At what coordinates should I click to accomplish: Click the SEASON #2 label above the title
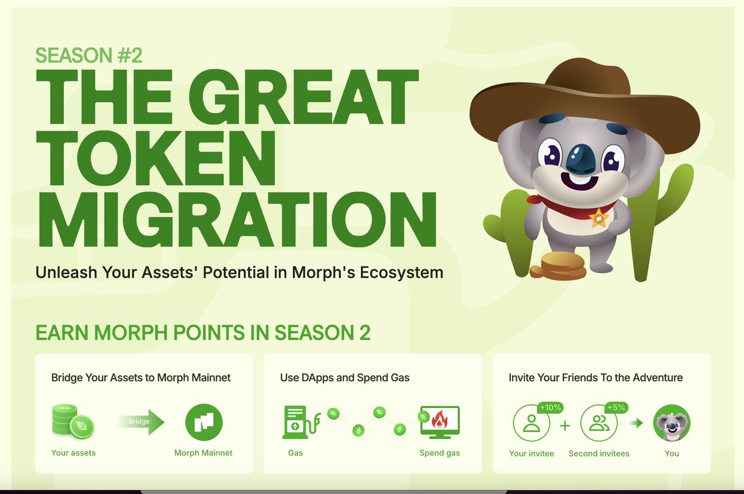tap(89, 55)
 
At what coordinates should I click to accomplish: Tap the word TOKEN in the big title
tap(156, 158)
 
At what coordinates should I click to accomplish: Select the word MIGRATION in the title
tap(236, 220)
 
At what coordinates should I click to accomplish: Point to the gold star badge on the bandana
tap(598, 217)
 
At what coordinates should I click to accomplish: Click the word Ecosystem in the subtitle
tap(402, 272)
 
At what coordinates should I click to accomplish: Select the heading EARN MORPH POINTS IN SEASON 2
tap(203, 332)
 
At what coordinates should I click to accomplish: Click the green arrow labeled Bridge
tap(141, 422)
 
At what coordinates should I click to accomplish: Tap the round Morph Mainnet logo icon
tap(203, 422)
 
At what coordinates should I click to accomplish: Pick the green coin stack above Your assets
tap(73, 422)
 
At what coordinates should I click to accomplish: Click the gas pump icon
tap(301, 422)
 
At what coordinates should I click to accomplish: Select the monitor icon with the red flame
tap(440, 422)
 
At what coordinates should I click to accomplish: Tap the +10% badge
tap(550, 407)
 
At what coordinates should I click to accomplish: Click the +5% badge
tap(616, 407)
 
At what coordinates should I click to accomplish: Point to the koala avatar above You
tap(671, 423)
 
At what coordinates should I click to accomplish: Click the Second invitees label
tap(599, 454)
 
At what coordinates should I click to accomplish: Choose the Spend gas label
tap(440, 453)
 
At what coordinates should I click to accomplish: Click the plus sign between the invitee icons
tap(565, 425)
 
